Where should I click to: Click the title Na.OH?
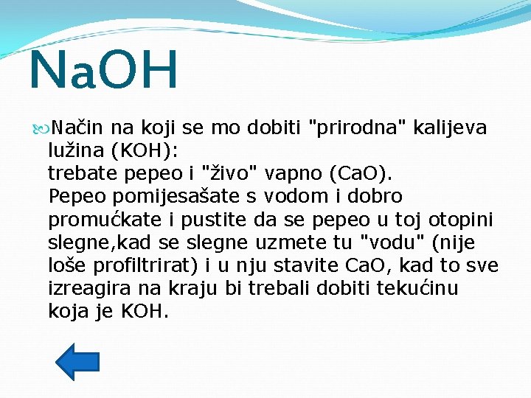[103, 70]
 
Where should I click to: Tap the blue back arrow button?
[77, 361]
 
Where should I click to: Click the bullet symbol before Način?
[41, 128]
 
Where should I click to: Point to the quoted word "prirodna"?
[355, 128]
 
